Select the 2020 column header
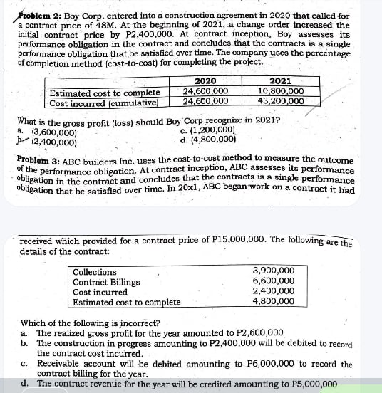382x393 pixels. point(205,81)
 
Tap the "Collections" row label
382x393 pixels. point(95,271)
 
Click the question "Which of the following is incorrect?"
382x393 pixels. point(90,323)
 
